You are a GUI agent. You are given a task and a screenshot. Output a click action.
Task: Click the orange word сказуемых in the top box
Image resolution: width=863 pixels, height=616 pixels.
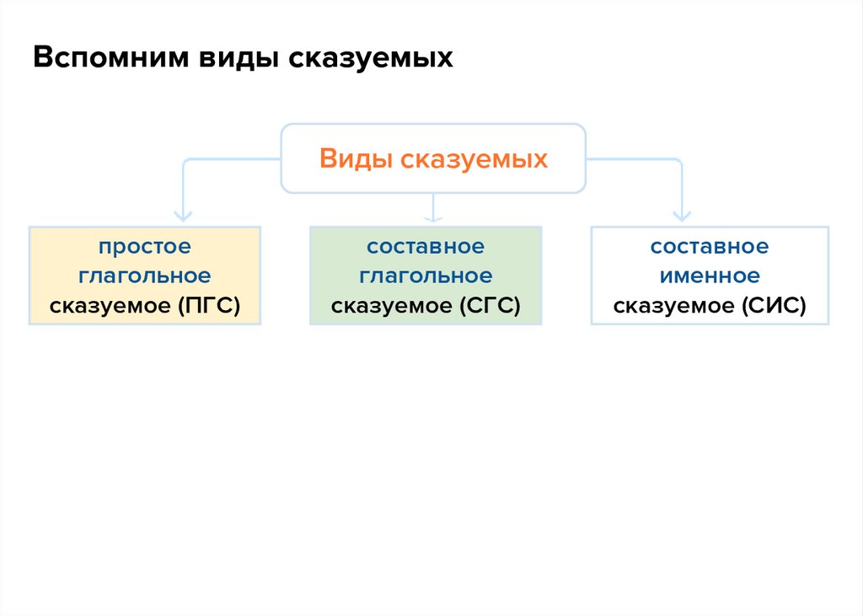pyautogui.click(x=474, y=158)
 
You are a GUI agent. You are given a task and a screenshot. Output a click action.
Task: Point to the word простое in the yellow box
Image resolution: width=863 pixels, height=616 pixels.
pyautogui.click(x=144, y=247)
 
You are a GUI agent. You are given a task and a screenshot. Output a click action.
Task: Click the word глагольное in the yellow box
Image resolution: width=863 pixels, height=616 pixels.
pyautogui.click(x=144, y=276)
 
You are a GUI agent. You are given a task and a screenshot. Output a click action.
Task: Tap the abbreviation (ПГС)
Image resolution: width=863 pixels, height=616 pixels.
pyautogui.click(x=209, y=305)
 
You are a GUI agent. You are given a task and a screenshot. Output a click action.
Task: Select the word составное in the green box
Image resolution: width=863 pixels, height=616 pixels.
pyautogui.click(x=426, y=247)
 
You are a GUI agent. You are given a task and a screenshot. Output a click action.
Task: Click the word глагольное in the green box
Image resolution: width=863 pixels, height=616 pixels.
pyautogui.click(x=426, y=276)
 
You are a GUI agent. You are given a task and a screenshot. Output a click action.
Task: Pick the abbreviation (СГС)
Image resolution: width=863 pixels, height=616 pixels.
pyautogui.click(x=490, y=305)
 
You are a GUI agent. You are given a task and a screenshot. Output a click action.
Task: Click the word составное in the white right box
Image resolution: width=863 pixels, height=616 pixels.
pyautogui.click(x=709, y=247)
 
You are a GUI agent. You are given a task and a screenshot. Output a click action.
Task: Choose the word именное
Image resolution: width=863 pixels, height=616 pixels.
pyautogui.click(x=709, y=276)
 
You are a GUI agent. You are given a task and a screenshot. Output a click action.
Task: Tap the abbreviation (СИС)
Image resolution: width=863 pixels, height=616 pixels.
pyautogui.click(x=775, y=305)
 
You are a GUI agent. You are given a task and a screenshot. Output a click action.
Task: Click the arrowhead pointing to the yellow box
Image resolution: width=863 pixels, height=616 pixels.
pyautogui.click(x=184, y=216)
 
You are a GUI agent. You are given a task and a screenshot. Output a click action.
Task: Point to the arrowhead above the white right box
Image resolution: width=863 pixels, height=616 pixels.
pyautogui.click(x=680, y=216)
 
